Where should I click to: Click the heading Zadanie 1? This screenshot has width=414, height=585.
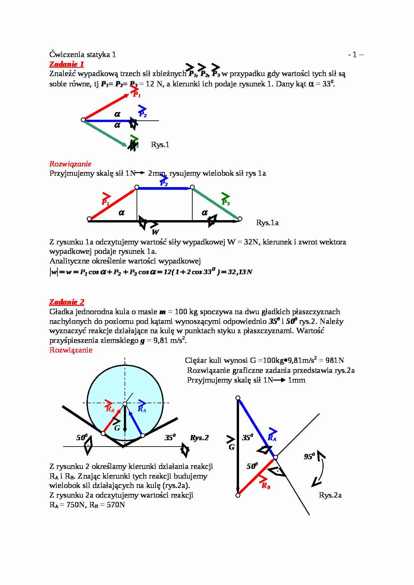point(66,64)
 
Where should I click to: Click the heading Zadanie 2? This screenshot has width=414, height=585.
point(66,302)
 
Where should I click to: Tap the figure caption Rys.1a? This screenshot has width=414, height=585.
point(267,222)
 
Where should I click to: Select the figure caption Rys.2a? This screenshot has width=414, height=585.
point(330,495)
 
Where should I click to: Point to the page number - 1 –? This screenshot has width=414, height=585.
point(356,54)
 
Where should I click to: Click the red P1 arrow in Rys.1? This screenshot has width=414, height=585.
point(106,107)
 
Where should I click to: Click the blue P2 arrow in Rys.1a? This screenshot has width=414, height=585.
point(164,188)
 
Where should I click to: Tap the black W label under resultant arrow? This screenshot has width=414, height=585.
point(155,232)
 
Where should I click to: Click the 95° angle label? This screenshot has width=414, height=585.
point(309,456)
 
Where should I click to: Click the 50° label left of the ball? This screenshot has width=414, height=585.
point(82,437)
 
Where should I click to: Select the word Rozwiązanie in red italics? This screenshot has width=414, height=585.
point(70,163)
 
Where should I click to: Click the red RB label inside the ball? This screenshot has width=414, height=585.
point(110,409)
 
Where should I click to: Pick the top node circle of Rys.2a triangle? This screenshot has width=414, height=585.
point(238,398)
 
